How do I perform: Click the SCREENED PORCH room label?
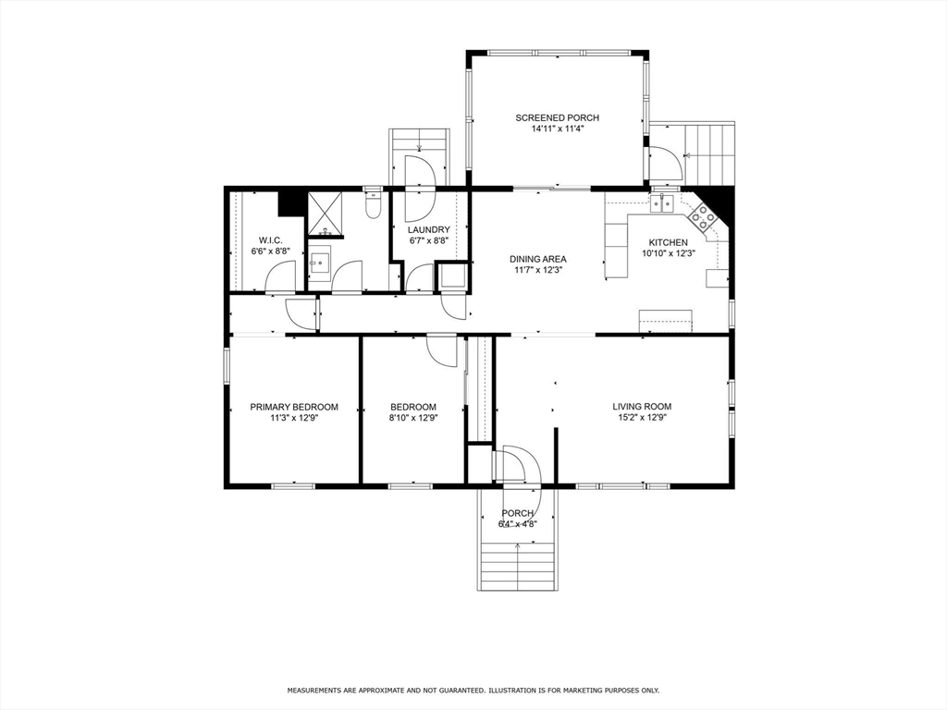click(x=557, y=117)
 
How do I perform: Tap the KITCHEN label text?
click(x=669, y=243)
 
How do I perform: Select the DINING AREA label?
click(x=537, y=260)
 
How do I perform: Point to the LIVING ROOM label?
click(x=642, y=407)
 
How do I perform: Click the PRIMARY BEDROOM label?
click(x=294, y=407)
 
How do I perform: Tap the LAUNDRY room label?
click(x=429, y=230)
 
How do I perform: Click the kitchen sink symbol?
click(x=662, y=203)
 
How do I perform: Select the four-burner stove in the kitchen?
click(x=702, y=216)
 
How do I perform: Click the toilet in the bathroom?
click(x=374, y=205)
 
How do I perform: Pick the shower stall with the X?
click(x=326, y=214)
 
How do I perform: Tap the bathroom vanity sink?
click(x=318, y=263)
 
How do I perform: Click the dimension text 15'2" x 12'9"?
click(x=642, y=417)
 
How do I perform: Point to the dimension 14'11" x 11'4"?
click(x=557, y=129)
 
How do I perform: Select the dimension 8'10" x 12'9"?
click(x=413, y=417)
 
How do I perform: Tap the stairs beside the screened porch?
click(x=708, y=153)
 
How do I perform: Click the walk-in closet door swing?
click(x=281, y=275)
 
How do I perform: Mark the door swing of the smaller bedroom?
click(x=442, y=350)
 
